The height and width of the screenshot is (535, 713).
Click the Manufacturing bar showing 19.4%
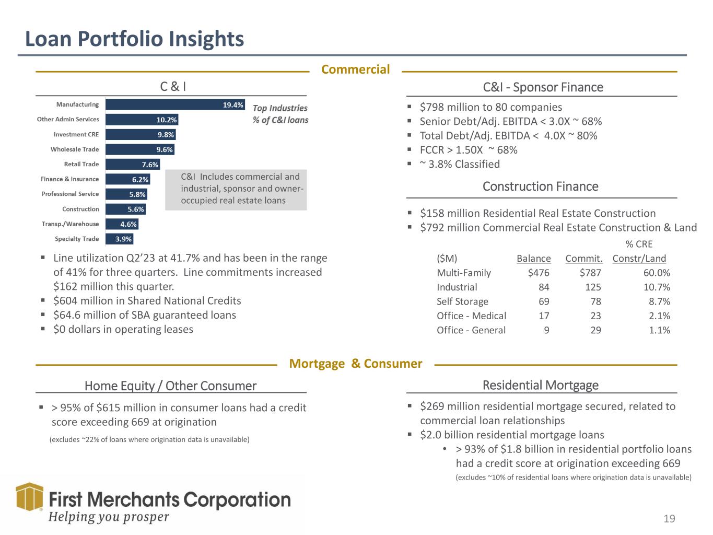tap(175, 104)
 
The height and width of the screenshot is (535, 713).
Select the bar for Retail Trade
tap(133, 165)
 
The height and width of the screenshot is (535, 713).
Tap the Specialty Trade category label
tap(77, 239)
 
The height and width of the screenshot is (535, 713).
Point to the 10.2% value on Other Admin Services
tap(167, 120)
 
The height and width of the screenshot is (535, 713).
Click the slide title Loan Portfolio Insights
tap(135, 39)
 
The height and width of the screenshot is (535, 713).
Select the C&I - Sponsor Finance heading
tap(543, 87)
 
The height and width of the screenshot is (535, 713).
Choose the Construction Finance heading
tap(540, 187)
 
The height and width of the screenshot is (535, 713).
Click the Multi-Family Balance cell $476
tap(539, 273)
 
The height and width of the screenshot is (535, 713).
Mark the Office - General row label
tap(471, 330)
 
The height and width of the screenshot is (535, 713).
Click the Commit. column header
tap(583, 259)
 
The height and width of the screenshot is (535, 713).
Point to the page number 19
tap(669, 519)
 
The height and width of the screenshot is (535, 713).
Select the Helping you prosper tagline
tap(109, 517)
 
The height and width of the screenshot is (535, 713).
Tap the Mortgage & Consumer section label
tap(355, 364)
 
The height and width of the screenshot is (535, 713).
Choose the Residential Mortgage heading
tap(540, 386)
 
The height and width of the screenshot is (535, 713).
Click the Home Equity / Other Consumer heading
tap(170, 386)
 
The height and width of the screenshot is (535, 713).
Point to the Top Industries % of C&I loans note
tap(280, 114)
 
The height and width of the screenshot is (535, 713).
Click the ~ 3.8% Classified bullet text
tap(460, 164)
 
